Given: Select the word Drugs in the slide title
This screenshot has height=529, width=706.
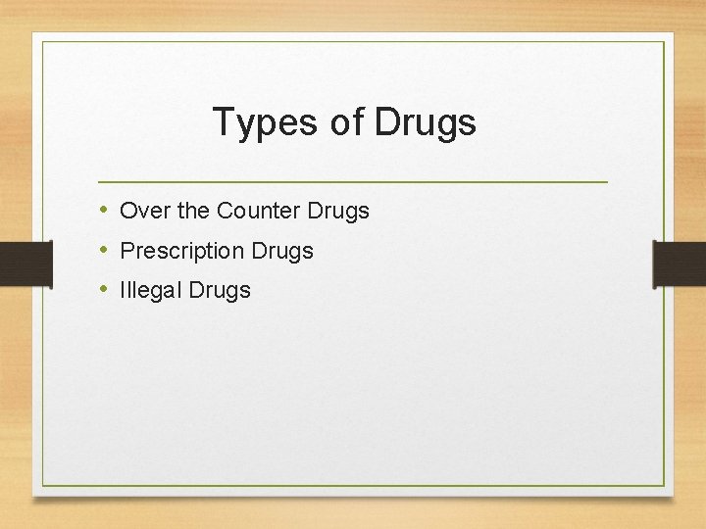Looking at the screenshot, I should (425, 122).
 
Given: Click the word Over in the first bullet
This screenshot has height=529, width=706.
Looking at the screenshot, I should (140, 211).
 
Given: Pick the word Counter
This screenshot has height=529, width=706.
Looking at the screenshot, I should (258, 211).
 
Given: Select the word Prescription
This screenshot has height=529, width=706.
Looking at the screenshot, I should (181, 251).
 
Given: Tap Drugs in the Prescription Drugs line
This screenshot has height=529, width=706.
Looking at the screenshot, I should (282, 251).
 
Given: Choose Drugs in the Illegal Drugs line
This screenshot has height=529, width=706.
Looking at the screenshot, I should (220, 290).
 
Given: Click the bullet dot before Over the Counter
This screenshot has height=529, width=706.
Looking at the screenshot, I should (104, 210).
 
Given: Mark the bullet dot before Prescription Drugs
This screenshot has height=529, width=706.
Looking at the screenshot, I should (104, 250).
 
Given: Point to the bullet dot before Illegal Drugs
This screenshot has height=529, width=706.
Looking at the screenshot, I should (104, 289).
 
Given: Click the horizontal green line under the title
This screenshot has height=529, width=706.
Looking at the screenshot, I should (353, 182).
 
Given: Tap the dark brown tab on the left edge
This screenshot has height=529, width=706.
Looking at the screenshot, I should (25, 264).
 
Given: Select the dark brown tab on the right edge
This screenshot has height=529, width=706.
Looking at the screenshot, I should (680, 264).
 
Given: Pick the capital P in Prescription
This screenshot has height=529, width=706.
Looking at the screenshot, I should (126, 251).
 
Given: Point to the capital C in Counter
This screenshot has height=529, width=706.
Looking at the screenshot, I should (224, 211).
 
